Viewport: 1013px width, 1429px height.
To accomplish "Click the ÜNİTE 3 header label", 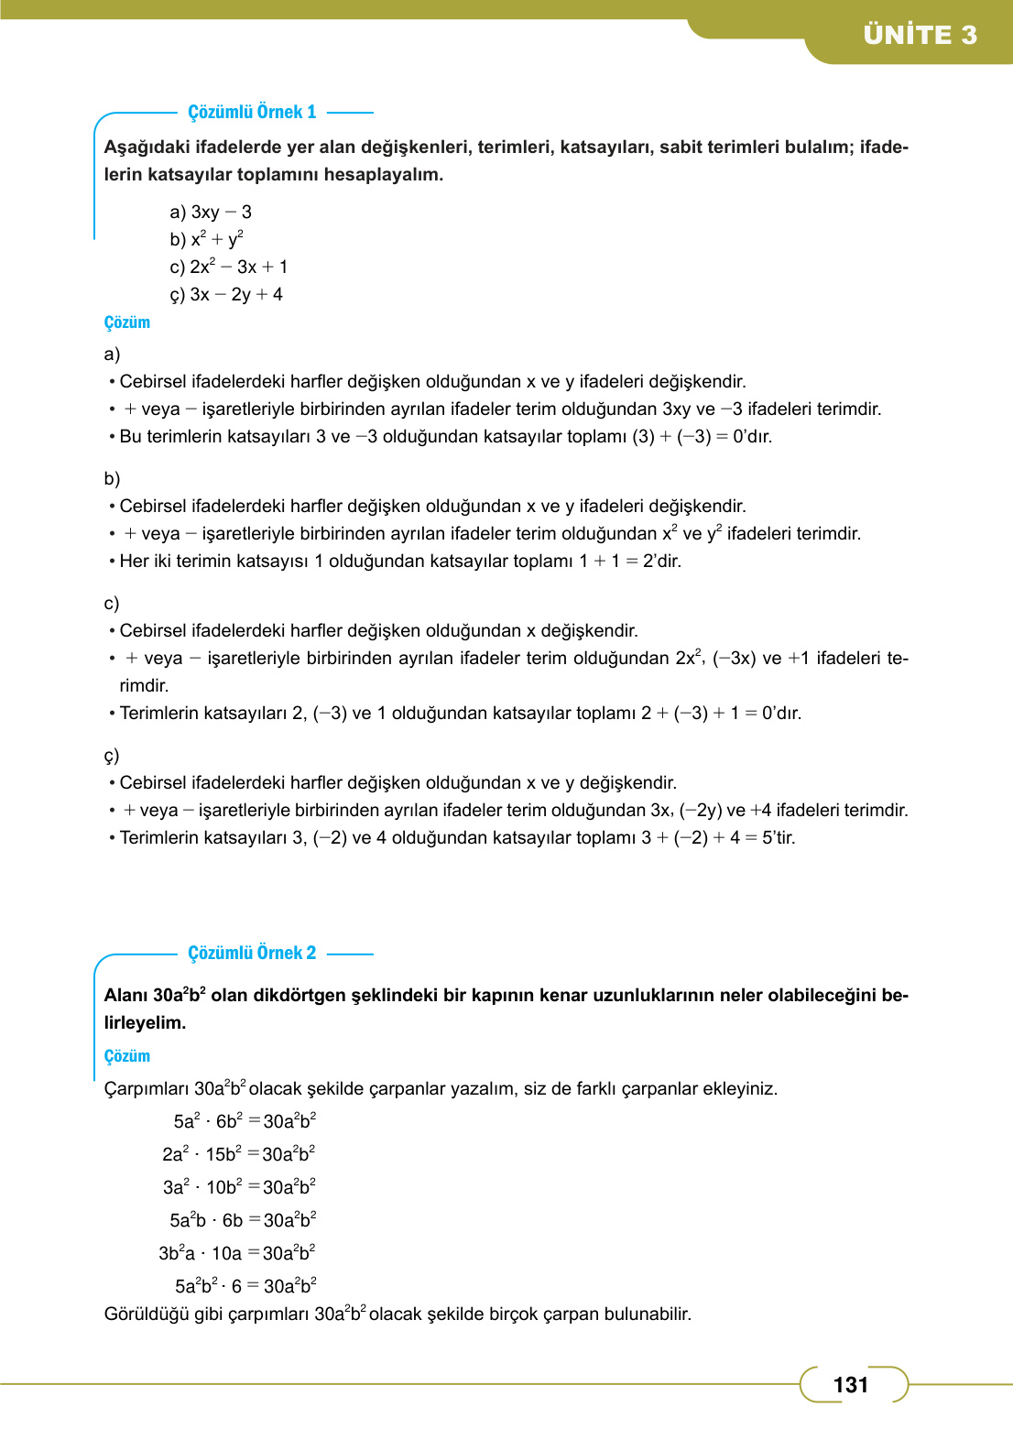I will [x=920, y=35].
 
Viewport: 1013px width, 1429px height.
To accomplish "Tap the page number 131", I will [x=850, y=1384].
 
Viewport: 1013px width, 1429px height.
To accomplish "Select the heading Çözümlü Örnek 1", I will [x=252, y=112].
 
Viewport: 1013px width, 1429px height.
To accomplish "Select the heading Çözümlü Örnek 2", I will [x=252, y=953].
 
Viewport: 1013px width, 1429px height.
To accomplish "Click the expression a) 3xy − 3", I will [x=211, y=213].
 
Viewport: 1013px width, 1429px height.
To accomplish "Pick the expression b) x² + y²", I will [x=206, y=239].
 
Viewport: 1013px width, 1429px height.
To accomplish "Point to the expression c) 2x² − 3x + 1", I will [x=229, y=267].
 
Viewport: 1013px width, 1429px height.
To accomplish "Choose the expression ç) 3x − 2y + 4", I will [x=226, y=295].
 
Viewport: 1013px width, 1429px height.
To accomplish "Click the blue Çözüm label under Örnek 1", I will [x=126, y=322].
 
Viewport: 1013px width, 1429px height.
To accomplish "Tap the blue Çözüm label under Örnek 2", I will [x=126, y=1056].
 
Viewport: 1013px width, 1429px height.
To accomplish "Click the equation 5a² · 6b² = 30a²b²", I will [x=245, y=1121].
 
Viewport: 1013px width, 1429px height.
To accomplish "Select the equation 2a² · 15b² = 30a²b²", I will [x=238, y=1154].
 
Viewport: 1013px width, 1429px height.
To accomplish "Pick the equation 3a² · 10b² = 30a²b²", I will [x=239, y=1187].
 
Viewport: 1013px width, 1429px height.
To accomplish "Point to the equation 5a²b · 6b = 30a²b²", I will [x=243, y=1220].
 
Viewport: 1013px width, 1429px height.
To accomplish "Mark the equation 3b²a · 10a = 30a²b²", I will [x=236, y=1253].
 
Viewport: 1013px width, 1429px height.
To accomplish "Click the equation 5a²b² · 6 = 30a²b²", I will [x=245, y=1286].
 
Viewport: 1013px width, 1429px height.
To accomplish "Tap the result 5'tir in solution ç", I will [x=779, y=838].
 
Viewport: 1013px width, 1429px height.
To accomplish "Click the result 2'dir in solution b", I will [x=661, y=562].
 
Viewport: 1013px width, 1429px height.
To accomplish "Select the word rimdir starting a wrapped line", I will [x=144, y=686].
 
